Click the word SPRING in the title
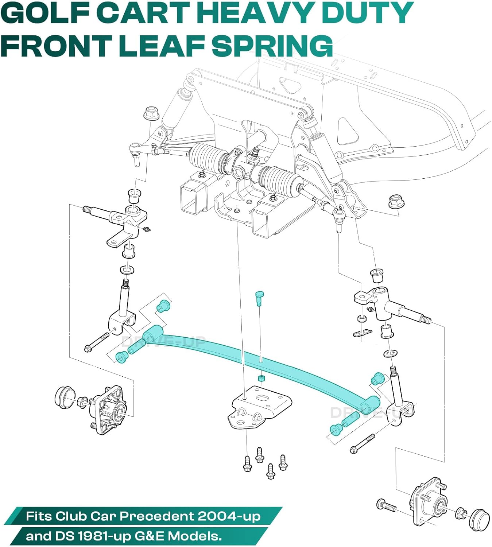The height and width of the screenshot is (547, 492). coord(272,46)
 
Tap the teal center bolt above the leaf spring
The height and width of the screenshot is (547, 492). coord(259,298)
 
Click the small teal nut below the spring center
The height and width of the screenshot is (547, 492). coord(261,378)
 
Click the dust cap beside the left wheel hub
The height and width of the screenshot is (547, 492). coord(65,396)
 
